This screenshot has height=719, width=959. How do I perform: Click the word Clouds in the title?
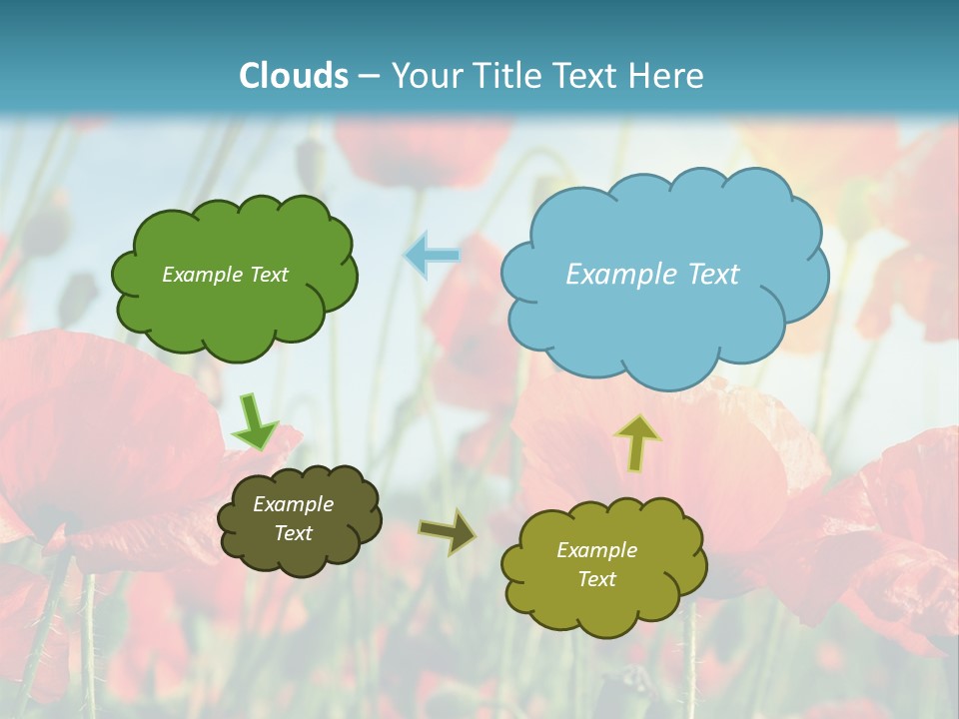pos(294,76)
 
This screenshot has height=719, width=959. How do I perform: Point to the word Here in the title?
pos(668,76)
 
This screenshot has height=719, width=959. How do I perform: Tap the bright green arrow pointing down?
pos(255,422)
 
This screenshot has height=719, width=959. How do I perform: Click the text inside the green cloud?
pos(225,275)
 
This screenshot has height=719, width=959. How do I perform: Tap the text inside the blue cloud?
pos(652,275)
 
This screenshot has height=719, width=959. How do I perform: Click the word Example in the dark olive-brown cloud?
pos(293,504)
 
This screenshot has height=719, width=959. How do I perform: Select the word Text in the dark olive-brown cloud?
pos(293,533)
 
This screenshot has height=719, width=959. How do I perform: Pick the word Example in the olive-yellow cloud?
pos(596,550)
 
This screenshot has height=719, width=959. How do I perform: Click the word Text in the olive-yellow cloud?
pos(596,579)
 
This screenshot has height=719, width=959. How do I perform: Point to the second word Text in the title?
pos(589,76)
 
